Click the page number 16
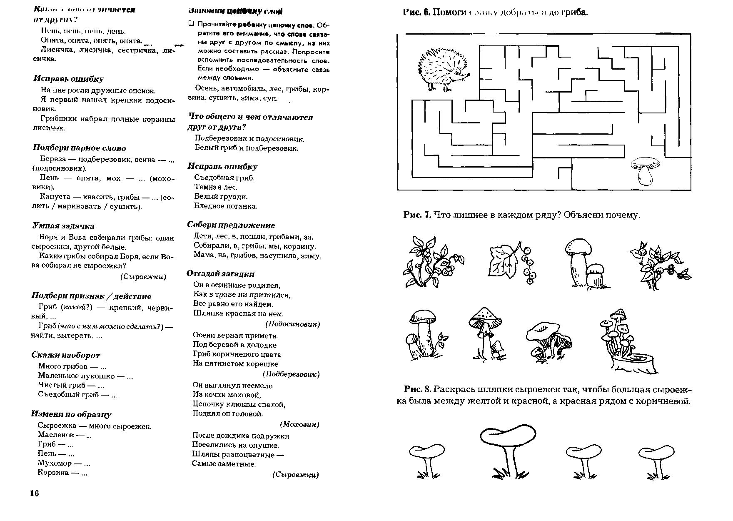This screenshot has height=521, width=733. point(34,493)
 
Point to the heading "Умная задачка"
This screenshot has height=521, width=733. point(63,226)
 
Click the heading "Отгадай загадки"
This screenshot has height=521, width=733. point(220,274)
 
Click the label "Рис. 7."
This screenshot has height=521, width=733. point(416,215)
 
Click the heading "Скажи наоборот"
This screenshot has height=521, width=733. point(66,355)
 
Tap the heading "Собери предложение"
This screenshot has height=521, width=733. point(231,225)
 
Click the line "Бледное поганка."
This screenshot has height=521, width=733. point(226,206)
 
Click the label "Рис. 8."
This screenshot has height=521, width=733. point(417,389)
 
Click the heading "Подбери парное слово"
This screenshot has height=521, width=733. point(79,148)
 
